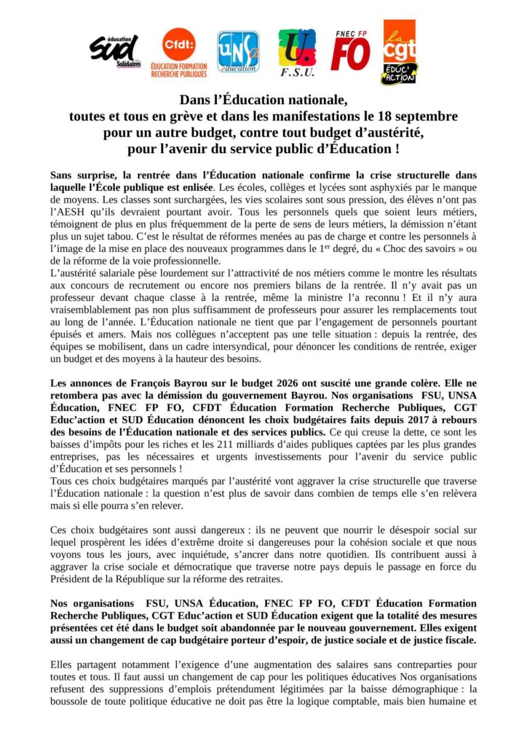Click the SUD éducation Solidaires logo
click(x=114, y=50)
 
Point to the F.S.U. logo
click(x=297, y=52)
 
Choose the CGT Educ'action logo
click(x=400, y=52)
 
